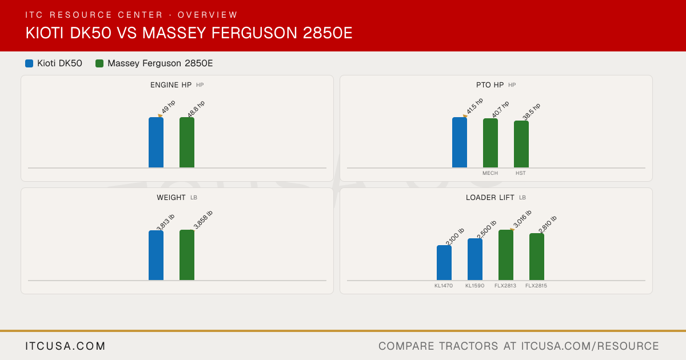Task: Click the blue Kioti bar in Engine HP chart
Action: pos(156,142)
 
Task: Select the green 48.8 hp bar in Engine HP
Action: pos(187,142)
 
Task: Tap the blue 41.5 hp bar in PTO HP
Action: pos(460,142)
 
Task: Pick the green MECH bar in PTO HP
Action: pos(490,143)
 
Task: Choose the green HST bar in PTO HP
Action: pos(521,144)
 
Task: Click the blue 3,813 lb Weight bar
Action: pos(156,255)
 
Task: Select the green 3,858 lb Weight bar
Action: pos(187,255)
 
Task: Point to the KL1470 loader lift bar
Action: pos(444,263)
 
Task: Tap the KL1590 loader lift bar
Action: pos(475,259)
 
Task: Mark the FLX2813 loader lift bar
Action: pos(506,255)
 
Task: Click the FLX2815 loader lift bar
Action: pos(537,257)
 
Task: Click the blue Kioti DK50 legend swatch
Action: pos(29,63)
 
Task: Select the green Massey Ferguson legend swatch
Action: pos(99,63)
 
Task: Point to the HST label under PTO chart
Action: pos(521,173)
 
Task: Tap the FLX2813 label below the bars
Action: pos(505,286)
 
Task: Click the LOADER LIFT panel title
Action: pos(490,198)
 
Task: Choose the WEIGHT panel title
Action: pos(171,198)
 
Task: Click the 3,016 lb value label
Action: pos(522,219)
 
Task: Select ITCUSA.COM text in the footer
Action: pos(65,346)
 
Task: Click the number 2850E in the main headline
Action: pos(328,33)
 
